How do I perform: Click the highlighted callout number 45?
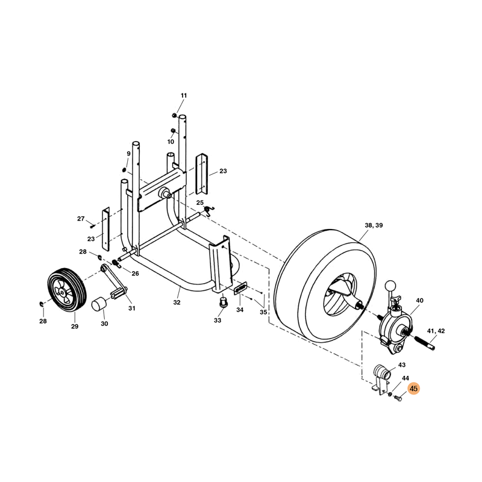click(x=414, y=389)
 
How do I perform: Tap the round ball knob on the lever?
click(x=389, y=284)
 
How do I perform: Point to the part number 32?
click(x=177, y=302)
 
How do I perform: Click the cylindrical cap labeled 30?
click(x=99, y=304)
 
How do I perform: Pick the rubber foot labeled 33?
click(x=222, y=302)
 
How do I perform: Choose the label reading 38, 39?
click(x=374, y=225)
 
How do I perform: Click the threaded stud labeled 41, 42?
click(x=425, y=343)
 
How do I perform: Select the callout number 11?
click(x=184, y=96)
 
